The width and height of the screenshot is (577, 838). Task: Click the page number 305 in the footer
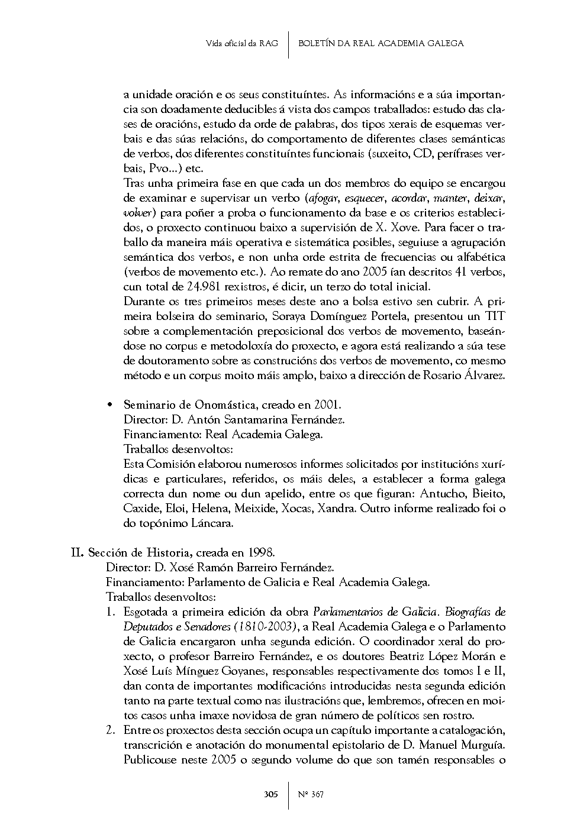270,794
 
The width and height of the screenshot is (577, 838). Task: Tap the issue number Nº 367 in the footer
311,794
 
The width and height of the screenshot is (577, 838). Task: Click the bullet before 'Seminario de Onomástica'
109,405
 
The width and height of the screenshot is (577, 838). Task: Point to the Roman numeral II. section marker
77,553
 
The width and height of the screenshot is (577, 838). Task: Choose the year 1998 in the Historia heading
261,553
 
